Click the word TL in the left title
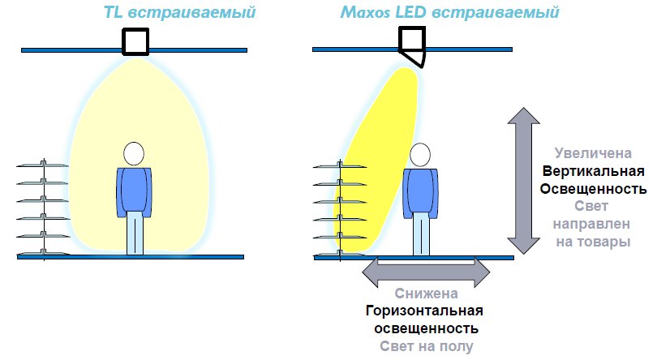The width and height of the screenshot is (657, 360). click(115, 13)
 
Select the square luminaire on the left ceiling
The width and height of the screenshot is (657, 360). click(135, 41)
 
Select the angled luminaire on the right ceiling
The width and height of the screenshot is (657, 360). click(412, 45)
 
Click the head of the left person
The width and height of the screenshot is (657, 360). click(134, 154)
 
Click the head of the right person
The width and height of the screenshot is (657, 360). click(419, 155)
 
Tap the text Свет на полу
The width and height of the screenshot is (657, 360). click(426, 346)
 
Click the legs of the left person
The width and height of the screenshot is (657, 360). click(135, 234)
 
